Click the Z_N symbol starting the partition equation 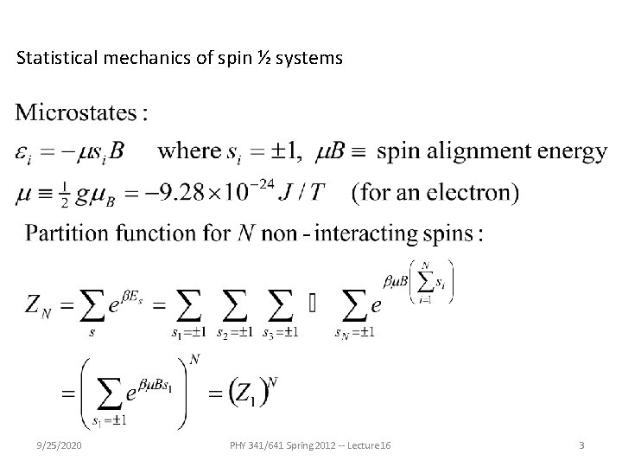[x=38, y=304]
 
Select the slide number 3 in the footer [x=581, y=445]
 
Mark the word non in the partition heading [x=261, y=233]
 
